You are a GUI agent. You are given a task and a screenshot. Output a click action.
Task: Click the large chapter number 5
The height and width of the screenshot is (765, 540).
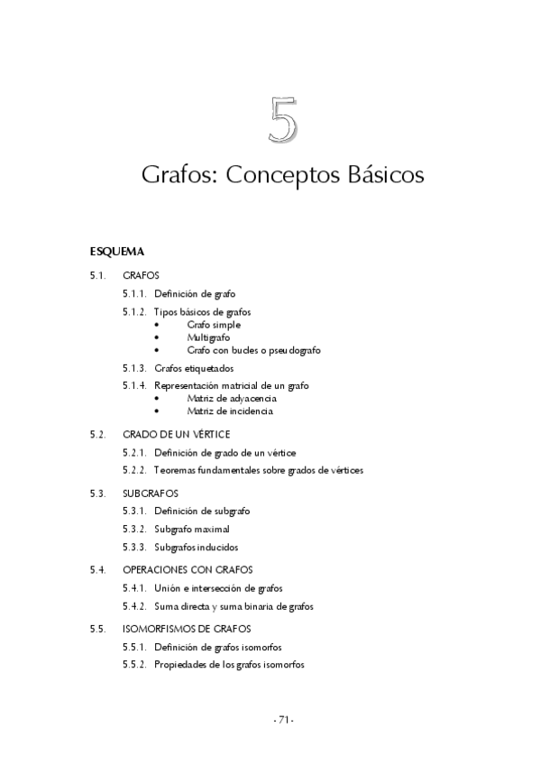(282, 122)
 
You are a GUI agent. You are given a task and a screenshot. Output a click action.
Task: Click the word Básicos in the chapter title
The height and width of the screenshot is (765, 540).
(385, 174)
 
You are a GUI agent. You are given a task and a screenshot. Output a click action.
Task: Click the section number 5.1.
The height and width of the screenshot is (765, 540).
(98, 274)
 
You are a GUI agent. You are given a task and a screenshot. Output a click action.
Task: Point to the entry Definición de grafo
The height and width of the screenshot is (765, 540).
(196, 293)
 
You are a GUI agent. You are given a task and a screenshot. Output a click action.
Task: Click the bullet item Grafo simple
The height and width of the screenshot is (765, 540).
(214, 324)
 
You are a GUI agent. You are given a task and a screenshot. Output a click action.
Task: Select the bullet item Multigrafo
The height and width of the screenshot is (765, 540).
(208, 336)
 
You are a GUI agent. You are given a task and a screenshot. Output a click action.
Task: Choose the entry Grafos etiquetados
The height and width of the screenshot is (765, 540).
(194, 368)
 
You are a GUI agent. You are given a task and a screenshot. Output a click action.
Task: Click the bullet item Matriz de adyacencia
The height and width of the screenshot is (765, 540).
(232, 398)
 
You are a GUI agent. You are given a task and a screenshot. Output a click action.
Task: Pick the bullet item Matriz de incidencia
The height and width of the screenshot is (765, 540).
(230, 410)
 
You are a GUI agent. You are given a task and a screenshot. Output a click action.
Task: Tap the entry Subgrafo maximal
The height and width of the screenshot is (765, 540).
(191, 530)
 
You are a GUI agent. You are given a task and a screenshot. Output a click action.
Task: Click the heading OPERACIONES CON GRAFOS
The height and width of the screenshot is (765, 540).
(188, 569)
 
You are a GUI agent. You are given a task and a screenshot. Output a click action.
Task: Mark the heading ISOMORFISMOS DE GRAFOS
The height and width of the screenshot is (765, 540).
(186, 628)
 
